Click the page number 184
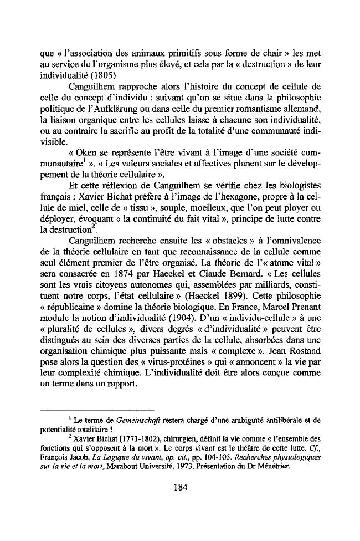point(180,488)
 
